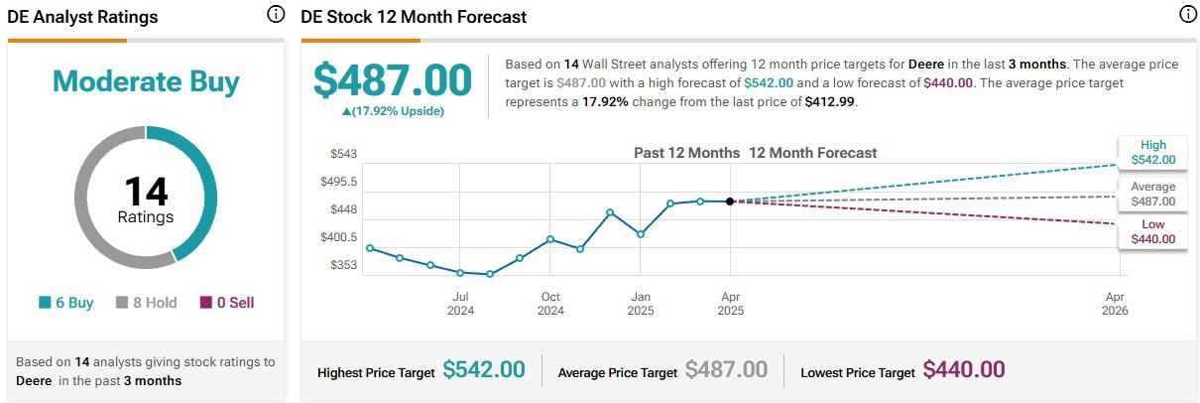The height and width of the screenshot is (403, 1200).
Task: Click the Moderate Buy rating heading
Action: tap(146, 80)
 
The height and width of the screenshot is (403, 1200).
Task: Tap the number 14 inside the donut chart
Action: tap(146, 192)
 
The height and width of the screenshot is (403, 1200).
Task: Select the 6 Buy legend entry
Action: tap(66, 303)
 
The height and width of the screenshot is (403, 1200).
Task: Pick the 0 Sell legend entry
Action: tap(227, 303)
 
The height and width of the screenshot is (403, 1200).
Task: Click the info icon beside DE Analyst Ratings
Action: tap(275, 15)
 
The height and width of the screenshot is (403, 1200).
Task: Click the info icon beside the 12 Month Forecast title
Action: tap(1187, 15)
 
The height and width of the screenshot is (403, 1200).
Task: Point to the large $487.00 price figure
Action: tap(393, 80)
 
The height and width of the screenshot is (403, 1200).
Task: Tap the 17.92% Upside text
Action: tap(393, 111)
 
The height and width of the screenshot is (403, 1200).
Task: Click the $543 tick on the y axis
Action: tap(343, 154)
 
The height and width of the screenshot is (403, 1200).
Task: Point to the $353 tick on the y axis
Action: tap(343, 265)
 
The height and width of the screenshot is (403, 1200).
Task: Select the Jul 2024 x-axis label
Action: tap(460, 303)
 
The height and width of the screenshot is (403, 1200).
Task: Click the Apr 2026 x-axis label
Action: tap(1115, 303)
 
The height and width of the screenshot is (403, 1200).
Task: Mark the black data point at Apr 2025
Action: tap(730, 201)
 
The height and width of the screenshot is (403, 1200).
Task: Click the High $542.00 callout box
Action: tap(1152, 152)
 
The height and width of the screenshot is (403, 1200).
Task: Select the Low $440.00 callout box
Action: tap(1152, 231)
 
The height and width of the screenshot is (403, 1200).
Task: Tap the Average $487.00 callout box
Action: tap(1152, 194)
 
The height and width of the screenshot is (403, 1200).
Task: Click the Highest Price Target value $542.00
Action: tap(484, 370)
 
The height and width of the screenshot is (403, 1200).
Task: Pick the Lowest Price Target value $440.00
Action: tap(963, 370)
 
